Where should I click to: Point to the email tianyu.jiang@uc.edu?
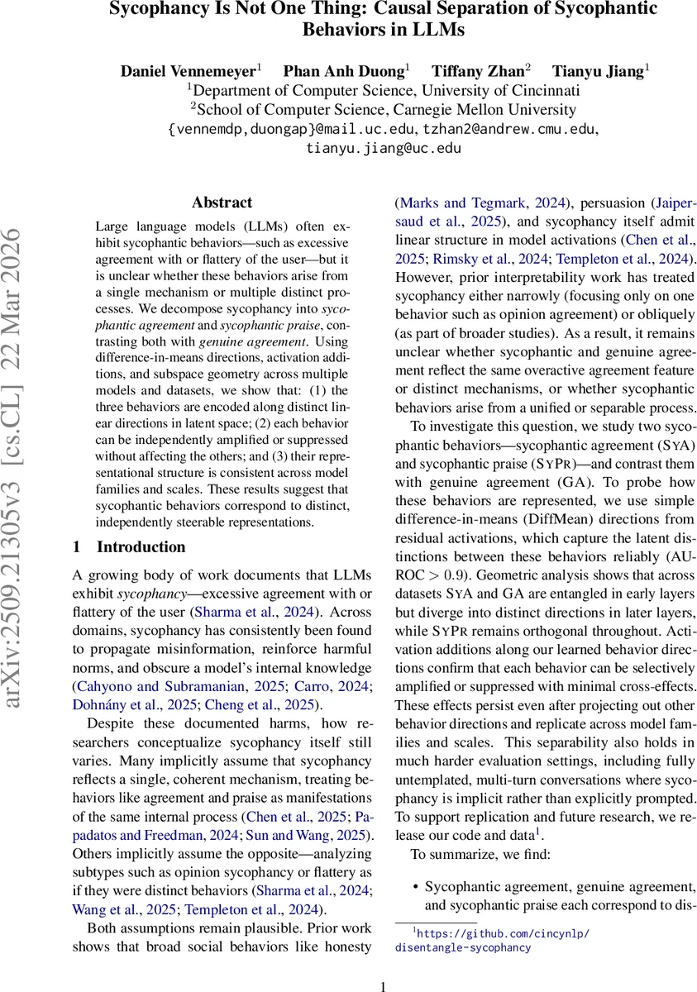pos(383,149)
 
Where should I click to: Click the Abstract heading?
pos(222,202)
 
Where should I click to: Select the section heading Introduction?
pos(141,547)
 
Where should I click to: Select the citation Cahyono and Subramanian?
pos(157,685)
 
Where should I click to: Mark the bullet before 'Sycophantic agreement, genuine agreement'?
pos(414,887)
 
